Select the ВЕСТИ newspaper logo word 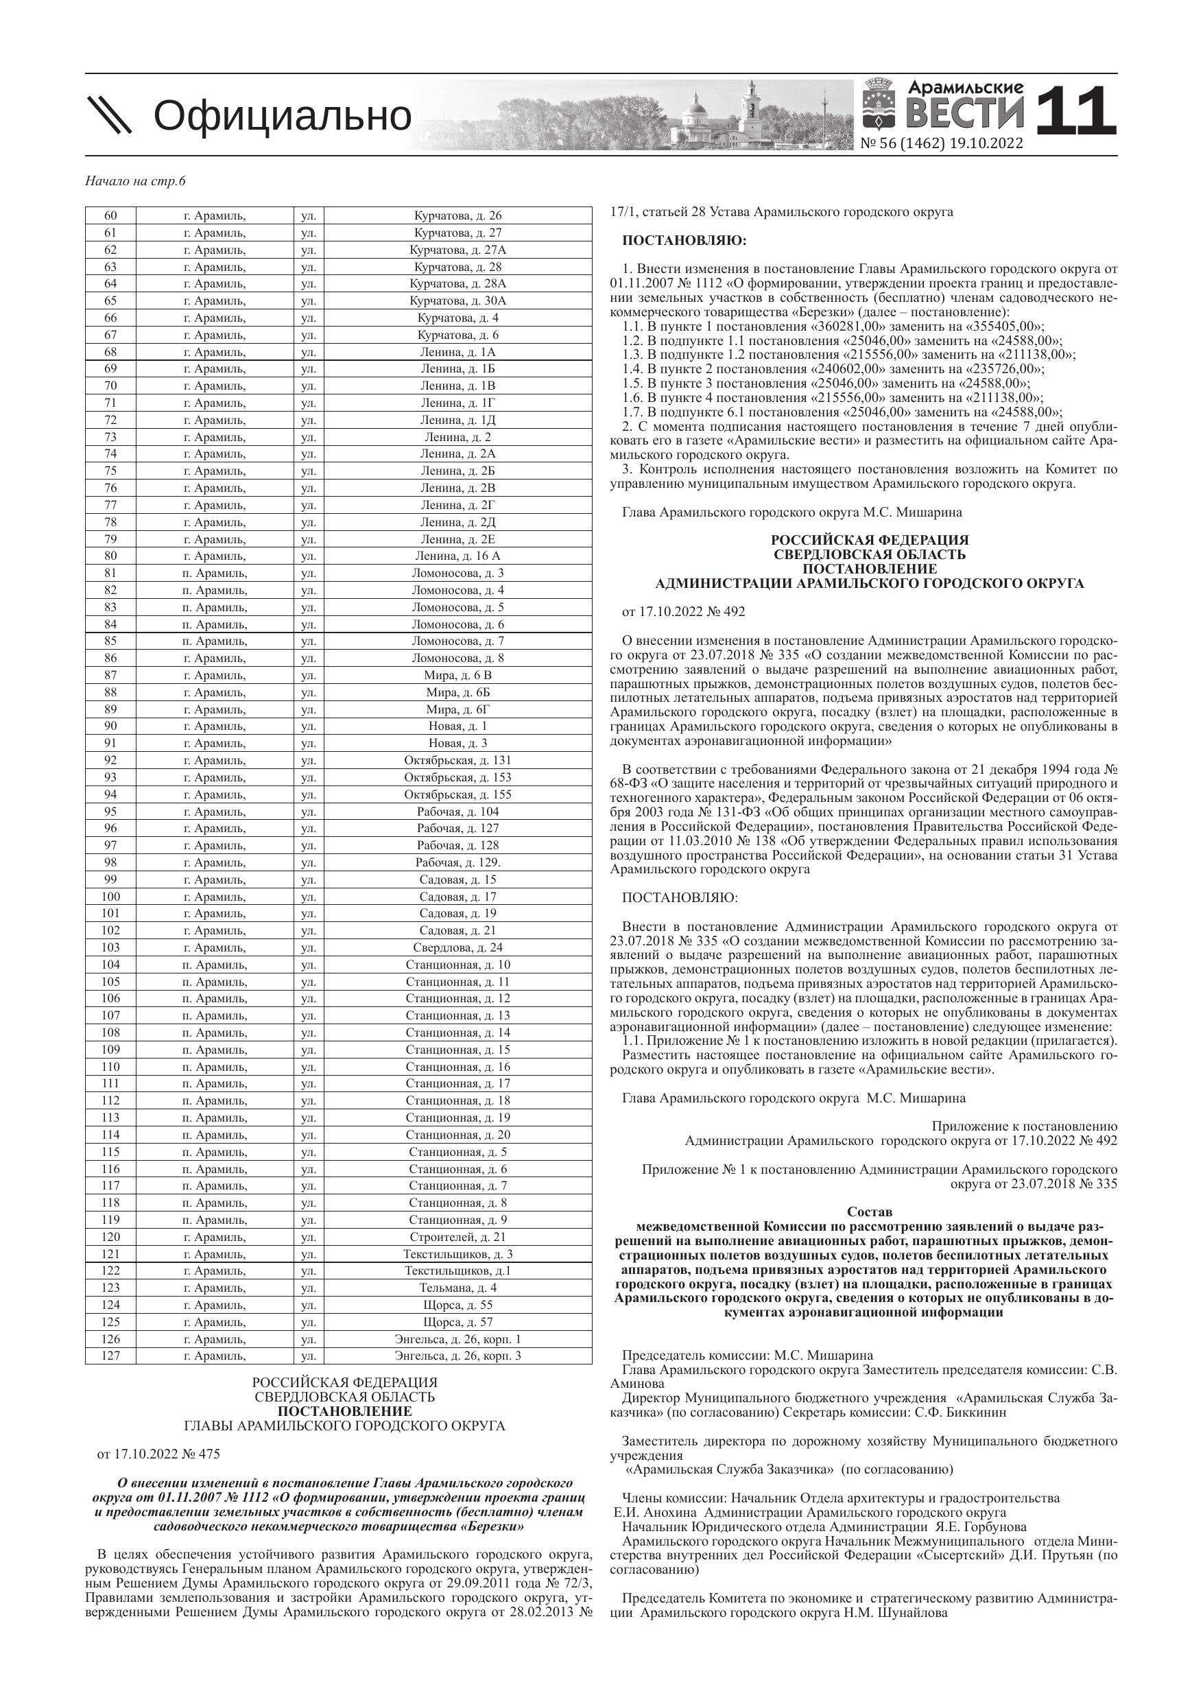click(x=965, y=114)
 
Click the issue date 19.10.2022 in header click(x=988, y=144)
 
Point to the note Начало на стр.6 click(x=135, y=182)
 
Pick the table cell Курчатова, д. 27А click(x=457, y=250)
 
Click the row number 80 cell click(x=110, y=556)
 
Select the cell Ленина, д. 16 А click(x=457, y=556)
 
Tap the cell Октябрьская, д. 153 click(x=457, y=777)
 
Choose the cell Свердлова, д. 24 click(x=457, y=947)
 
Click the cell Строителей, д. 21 click(x=457, y=1236)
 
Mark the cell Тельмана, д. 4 click(x=457, y=1288)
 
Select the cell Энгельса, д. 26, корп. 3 click(x=457, y=1356)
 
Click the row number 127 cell click(x=110, y=1356)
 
